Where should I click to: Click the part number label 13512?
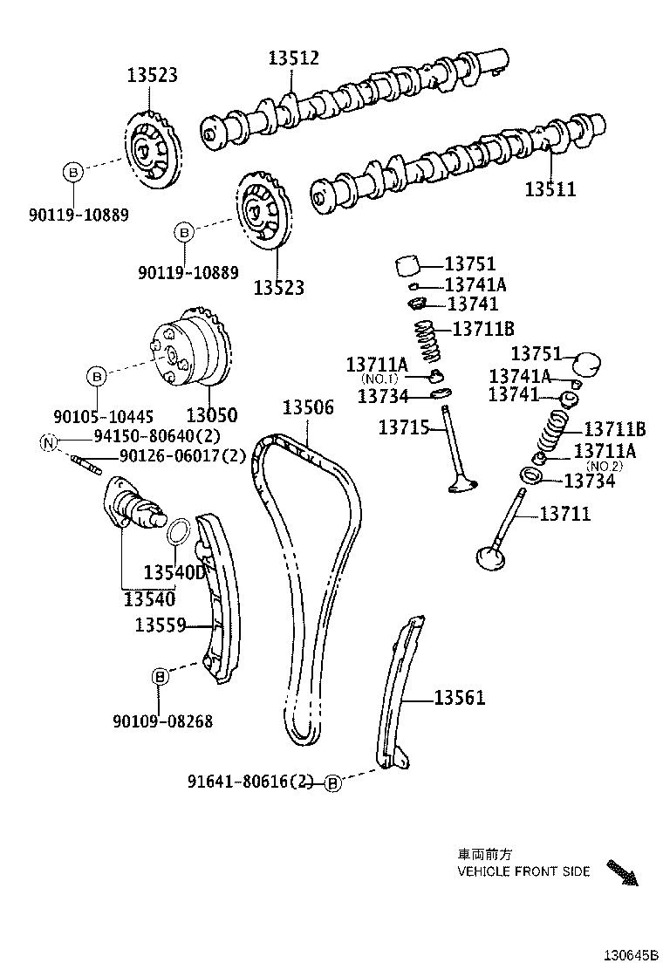coord(293,58)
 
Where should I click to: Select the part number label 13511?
coord(550,188)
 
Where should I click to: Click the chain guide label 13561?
coord(459,698)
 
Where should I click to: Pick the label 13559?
coord(161,625)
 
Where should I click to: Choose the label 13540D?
coord(175,572)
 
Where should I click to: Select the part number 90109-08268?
coord(162,721)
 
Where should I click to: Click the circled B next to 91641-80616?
coord(333,783)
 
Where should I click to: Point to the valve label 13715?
coord(403,427)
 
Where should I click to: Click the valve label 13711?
coord(564,515)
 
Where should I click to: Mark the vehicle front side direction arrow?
coord(623,872)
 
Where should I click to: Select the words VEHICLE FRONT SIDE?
coord(523,871)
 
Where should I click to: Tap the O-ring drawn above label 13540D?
coord(178,529)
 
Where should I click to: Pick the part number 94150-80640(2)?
coord(145,438)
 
